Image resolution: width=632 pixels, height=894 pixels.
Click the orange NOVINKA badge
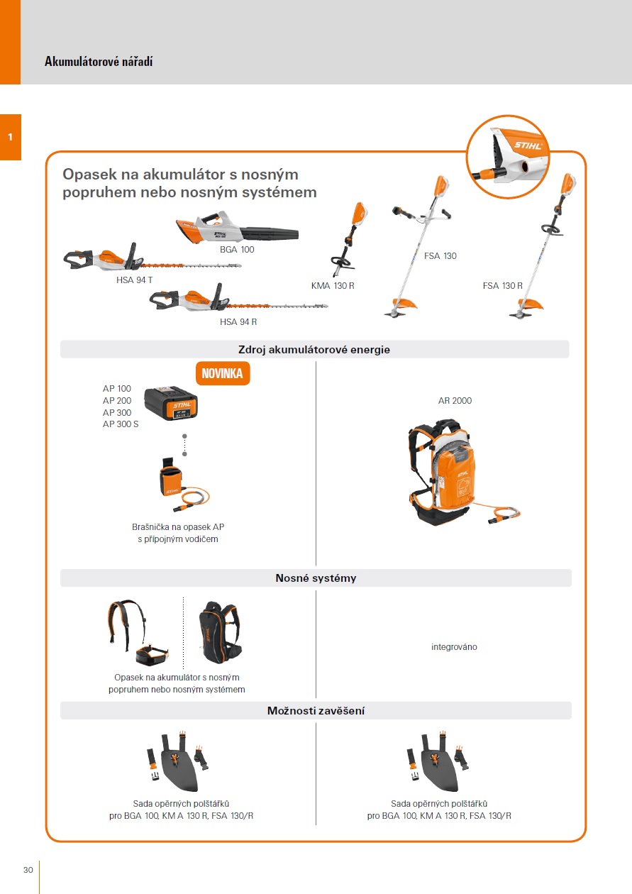(x=223, y=374)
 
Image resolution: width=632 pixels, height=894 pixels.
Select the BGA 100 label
(x=237, y=250)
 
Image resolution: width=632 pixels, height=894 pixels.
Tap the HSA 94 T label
(x=135, y=280)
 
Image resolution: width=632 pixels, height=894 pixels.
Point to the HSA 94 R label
(x=238, y=321)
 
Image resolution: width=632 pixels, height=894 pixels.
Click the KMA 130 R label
(x=332, y=286)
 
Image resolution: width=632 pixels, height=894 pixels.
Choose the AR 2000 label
(x=455, y=401)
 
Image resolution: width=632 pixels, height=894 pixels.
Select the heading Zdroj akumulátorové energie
(x=314, y=350)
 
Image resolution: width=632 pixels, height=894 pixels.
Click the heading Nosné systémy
(x=316, y=578)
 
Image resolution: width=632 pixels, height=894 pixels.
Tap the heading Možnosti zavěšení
(x=316, y=711)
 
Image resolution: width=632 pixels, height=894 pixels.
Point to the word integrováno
(x=454, y=647)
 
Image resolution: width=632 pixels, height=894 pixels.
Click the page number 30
(x=28, y=871)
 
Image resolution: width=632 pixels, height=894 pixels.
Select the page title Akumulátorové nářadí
(x=99, y=62)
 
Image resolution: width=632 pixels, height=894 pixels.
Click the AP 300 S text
(x=121, y=424)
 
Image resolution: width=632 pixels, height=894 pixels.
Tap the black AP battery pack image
(x=170, y=404)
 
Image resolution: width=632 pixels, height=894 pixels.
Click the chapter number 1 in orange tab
(x=10, y=137)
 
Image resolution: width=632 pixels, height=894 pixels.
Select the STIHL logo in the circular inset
(x=528, y=145)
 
